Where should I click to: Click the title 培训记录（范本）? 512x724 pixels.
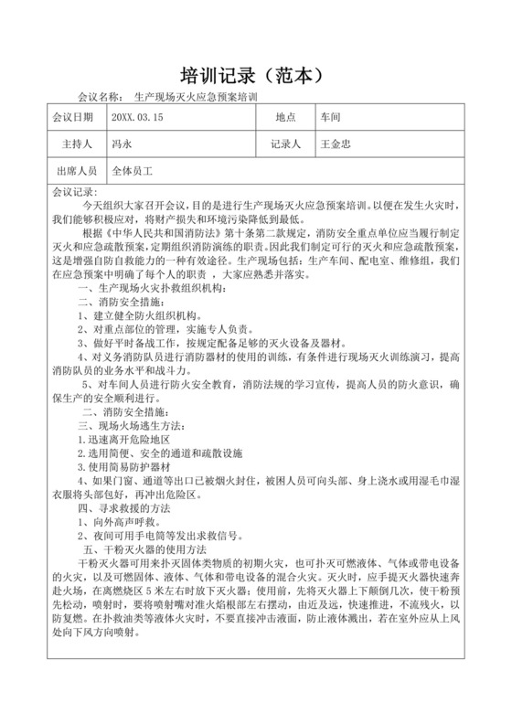[255, 72]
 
